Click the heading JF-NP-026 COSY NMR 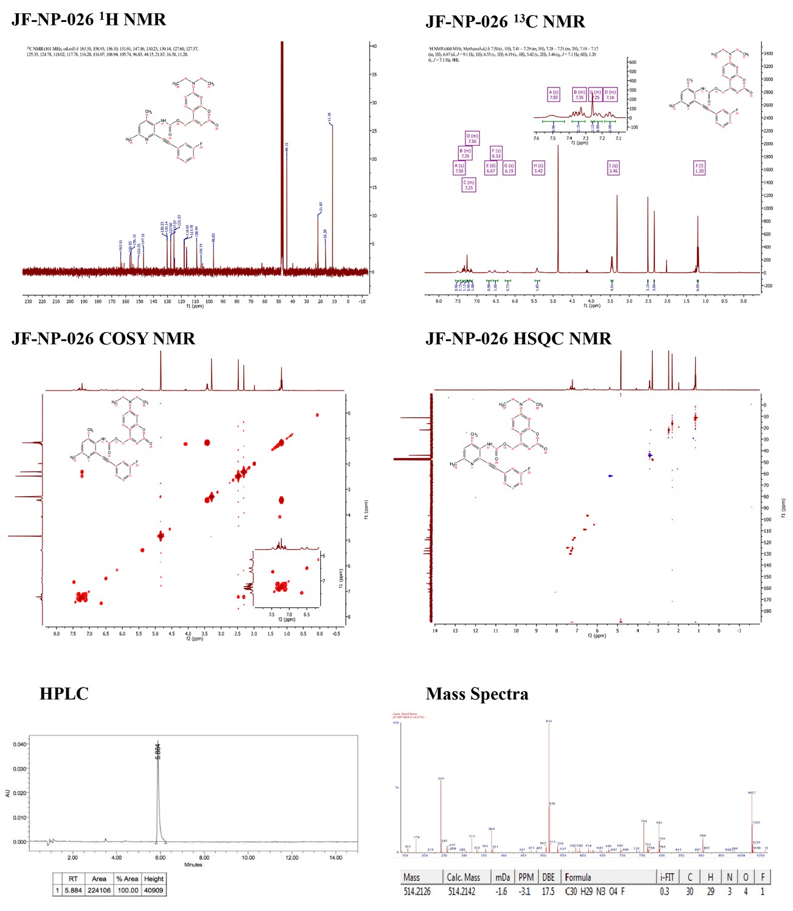103,339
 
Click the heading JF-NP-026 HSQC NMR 518,339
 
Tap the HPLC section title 64,694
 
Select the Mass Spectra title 477,694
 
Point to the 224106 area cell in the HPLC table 98,890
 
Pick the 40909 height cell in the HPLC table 154,890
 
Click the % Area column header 127,879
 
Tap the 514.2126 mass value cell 421,891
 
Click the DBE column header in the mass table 548,877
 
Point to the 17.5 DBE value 548,891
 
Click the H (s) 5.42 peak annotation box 538,168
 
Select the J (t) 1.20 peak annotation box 699,168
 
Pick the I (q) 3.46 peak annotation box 613,168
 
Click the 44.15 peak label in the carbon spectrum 287,148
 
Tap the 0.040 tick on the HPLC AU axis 19,744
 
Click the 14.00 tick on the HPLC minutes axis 335,858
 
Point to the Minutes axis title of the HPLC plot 193,865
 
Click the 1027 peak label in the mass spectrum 751,793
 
